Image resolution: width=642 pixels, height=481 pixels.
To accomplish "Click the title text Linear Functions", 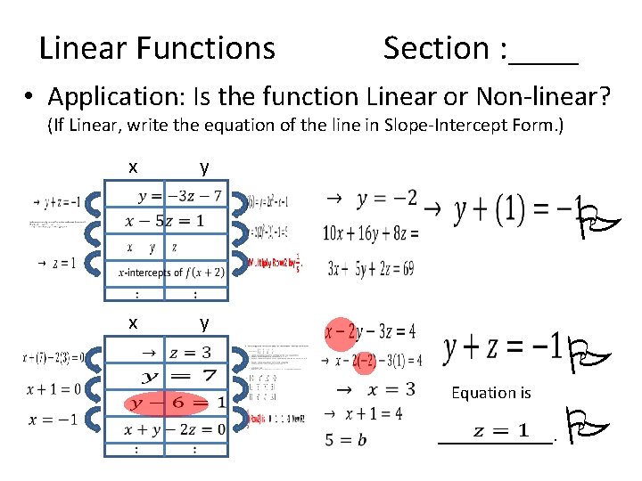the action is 157,47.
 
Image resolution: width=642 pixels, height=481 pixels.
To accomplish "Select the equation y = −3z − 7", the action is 178,196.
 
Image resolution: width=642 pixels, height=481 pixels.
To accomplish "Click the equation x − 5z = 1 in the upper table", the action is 166,221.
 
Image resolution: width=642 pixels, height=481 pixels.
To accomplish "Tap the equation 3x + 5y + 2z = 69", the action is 371,267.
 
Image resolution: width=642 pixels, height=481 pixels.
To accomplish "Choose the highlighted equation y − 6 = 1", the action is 178,403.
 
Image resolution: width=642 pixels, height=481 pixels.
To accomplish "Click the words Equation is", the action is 491,392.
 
